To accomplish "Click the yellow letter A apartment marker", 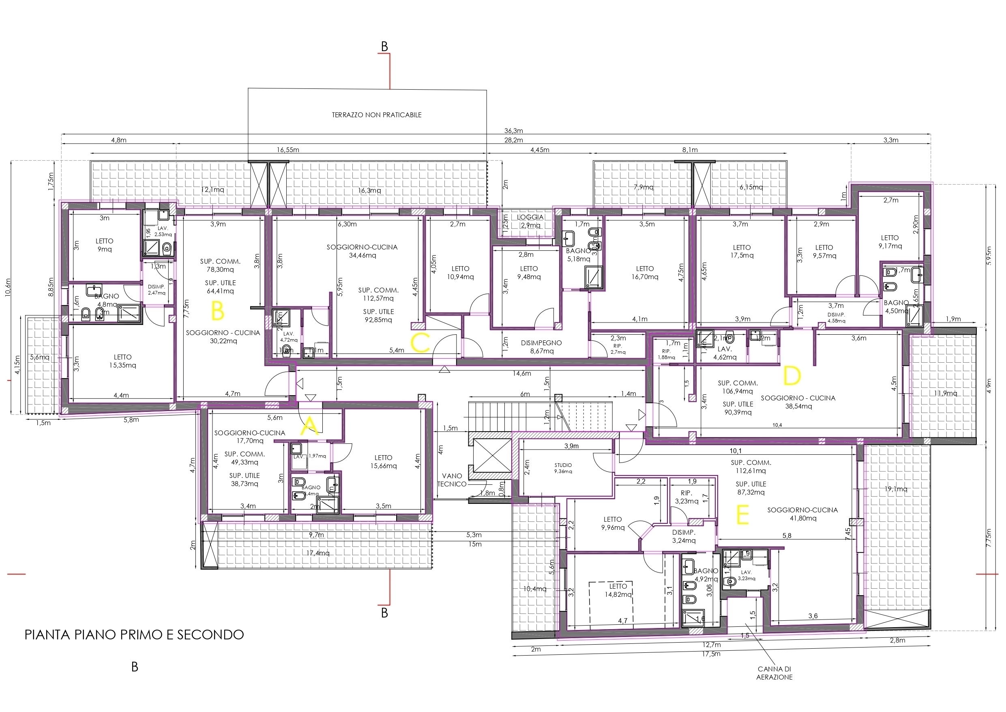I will click(x=309, y=426).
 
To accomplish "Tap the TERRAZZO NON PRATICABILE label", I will click(x=376, y=115).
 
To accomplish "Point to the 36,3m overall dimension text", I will click(x=513, y=131).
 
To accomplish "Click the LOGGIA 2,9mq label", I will click(x=530, y=221).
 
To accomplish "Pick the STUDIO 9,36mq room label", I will click(x=563, y=468).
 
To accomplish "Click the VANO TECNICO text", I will click(x=452, y=480).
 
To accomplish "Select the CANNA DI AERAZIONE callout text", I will click(x=774, y=673).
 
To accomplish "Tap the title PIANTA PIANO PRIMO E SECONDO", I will click(x=134, y=635).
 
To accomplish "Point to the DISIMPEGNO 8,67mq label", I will click(x=541, y=347).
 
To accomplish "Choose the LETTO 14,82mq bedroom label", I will click(x=618, y=590).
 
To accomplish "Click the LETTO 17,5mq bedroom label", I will click(x=741, y=251).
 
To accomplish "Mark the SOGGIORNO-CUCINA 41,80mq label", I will click(x=802, y=514).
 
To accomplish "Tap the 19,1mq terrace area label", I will click(x=896, y=489).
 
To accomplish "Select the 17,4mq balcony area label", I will click(x=317, y=553).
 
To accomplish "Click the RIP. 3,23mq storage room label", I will click(x=686, y=497).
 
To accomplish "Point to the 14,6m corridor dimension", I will click(x=522, y=374).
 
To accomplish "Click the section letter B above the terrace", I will click(x=384, y=47).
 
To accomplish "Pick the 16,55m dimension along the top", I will click(x=288, y=150).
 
